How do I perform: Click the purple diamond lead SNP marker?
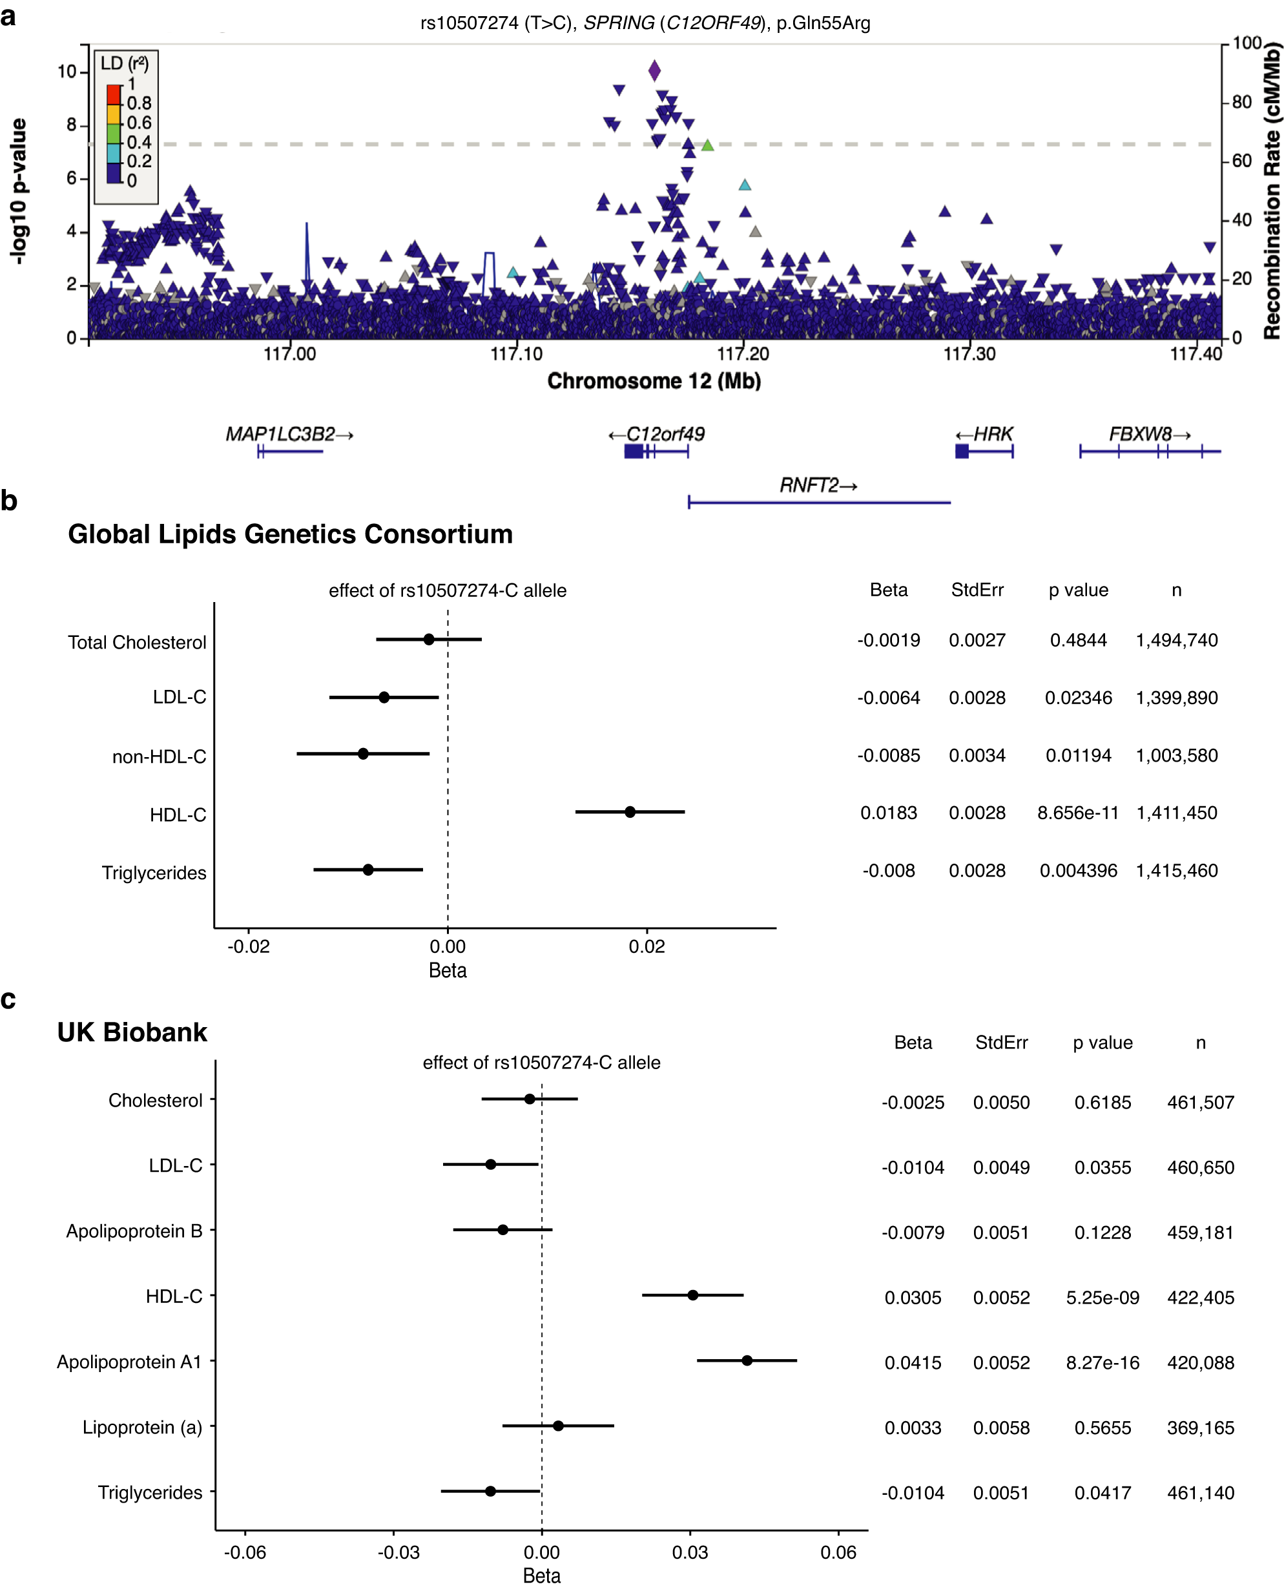[654, 71]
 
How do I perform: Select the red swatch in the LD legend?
[114, 95]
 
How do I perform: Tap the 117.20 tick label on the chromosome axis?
[743, 354]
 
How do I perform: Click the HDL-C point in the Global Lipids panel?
[630, 812]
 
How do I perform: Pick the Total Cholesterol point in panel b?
[429, 639]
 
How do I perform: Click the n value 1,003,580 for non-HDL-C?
[1176, 755]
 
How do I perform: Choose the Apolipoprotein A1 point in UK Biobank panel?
[747, 1360]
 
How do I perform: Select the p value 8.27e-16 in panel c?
[1102, 1362]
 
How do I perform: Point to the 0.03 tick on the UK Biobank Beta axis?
[689, 1552]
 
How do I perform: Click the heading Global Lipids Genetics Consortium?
[290, 534]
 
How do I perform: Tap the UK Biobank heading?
[132, 1032]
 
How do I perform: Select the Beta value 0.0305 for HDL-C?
[912, 1297]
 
